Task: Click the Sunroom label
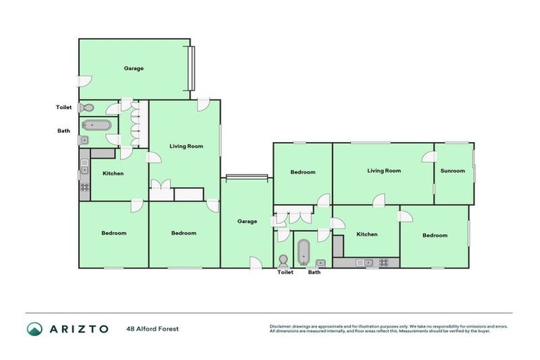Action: point(452,171)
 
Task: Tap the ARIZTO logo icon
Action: point(35,328)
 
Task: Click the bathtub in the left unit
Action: point(96,126)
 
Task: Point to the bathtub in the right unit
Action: point(304,250)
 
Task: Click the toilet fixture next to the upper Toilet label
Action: point(86,108)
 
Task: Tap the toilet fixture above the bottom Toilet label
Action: point(284,259)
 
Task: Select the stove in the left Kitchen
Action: point(84,187)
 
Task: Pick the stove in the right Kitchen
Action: point(384,263)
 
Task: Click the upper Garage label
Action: point(134,69)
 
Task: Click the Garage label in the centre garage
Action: point(247,221)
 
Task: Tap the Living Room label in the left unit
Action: point(186,146)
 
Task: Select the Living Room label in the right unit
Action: point(383,171)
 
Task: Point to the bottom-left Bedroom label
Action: point(113,233)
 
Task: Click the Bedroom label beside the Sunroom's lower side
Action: point(435,236)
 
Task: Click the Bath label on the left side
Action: point(64,130)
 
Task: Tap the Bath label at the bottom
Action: point(314,272)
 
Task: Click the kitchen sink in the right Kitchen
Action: point(363,263)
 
